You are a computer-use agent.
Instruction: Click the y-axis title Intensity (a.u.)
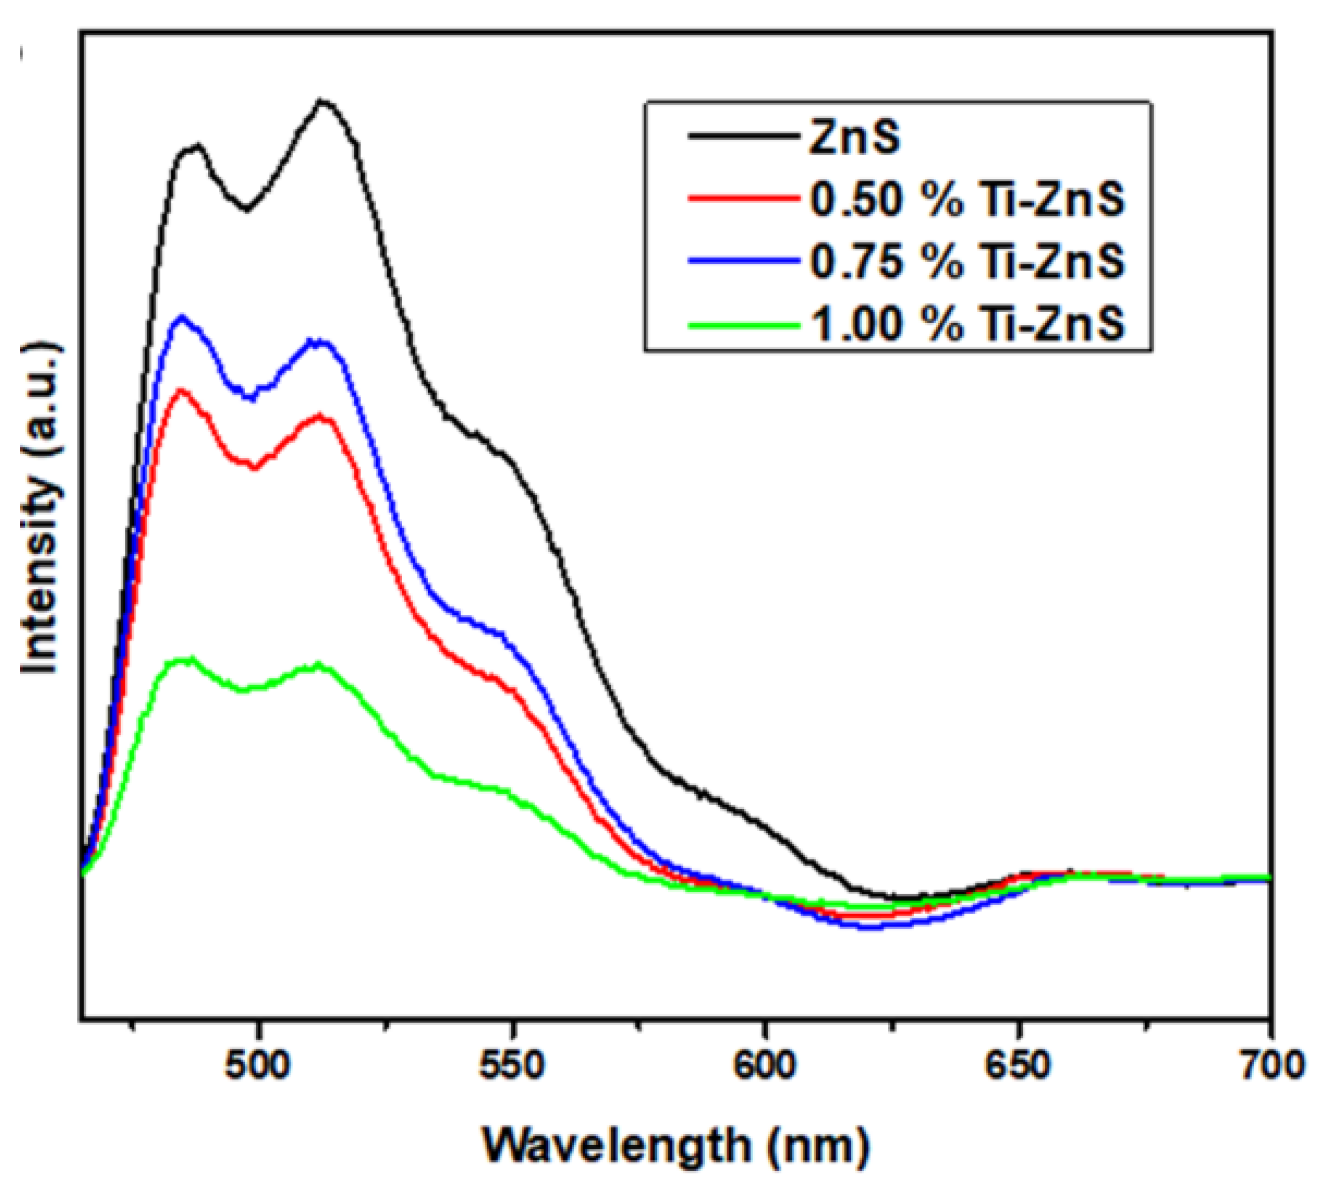pyautogui.click(x=40, y=508)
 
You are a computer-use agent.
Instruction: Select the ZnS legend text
pyautogui.click(x=854, y=137)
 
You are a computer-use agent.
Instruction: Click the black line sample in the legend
pyautogui.click(x=743, y=136)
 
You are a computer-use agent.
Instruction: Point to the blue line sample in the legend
pyautogui.click(x=743, y=260)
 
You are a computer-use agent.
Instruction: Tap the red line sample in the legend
pyautogui.click(x=743, y=198)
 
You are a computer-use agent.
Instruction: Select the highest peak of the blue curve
pyautogui.click(x=182, y=317)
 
